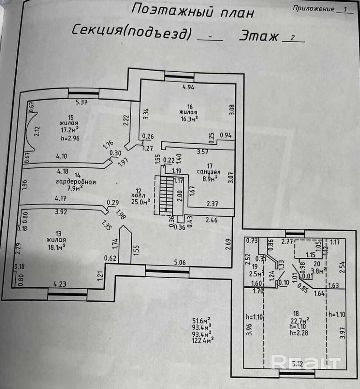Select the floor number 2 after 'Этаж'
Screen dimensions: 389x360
click(x=293, y=37)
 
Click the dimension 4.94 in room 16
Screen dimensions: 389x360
click(x=188, y=87)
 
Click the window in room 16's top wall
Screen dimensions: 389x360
click(x=179, y=76)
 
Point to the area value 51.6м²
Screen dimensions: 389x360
click(x=202, y=320)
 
